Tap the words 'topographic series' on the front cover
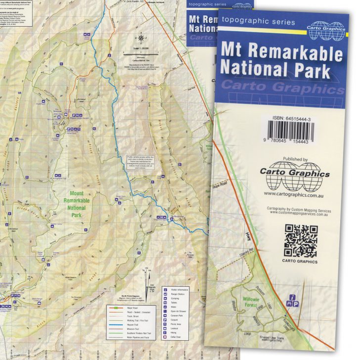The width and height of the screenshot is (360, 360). tap(259, 21)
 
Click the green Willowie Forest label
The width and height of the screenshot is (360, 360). tap(255, 303)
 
